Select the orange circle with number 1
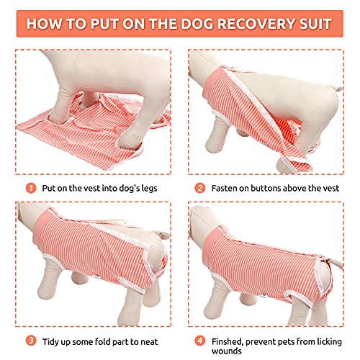[x=30, y=189]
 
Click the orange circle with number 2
[x=199, y=189]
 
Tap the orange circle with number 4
[x=199, y=341]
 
